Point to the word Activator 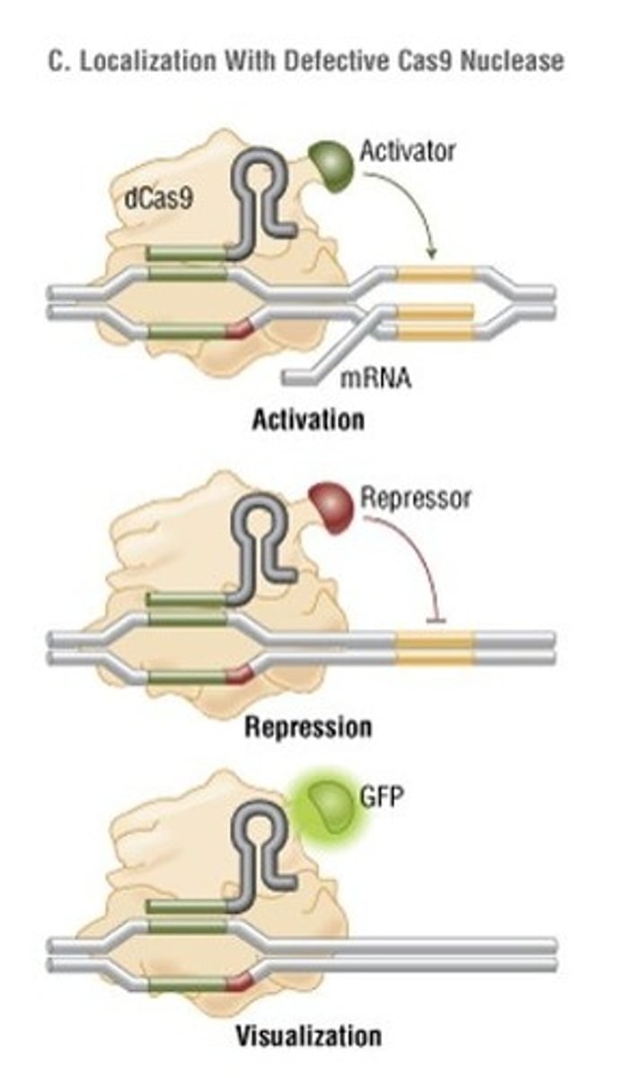click(407, 150)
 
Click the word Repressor click(415, 497)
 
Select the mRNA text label click(375, 378)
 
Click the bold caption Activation click(308, 419)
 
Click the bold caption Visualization click(308, 1035)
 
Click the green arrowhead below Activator click(433, 254)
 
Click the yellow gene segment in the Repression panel click(435, 648)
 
